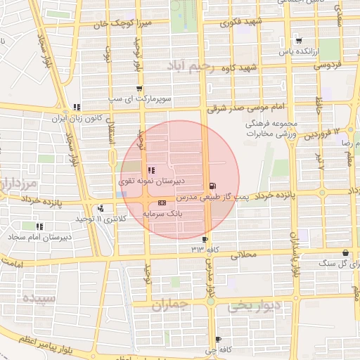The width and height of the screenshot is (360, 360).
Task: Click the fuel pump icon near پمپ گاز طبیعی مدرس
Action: [212, 187]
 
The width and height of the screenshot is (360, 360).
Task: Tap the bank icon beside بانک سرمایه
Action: [162, 202]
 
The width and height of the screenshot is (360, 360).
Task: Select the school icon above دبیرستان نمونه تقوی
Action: [150, 169]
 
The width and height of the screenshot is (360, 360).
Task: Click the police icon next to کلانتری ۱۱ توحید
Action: [101, 208]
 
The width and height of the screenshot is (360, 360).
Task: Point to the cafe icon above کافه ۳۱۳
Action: [205, 239]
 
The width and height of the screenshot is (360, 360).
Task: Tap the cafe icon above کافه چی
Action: [218, 339]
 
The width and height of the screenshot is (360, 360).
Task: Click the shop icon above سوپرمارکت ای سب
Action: [139, 89]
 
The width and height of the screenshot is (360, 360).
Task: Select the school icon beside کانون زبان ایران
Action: [76, 107]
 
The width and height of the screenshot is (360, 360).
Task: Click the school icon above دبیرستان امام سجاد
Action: [39, 226]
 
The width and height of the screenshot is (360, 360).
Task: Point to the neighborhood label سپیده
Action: [39, 298]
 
